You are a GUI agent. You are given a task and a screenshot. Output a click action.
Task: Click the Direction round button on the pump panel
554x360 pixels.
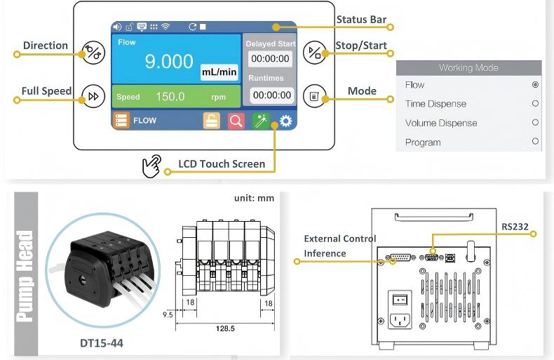point(93,53)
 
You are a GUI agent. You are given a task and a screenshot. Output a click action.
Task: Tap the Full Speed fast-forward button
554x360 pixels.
point(93,96)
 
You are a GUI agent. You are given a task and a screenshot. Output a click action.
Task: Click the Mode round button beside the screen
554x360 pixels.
point(314,96)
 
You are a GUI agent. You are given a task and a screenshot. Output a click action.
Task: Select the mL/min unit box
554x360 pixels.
point(219,72)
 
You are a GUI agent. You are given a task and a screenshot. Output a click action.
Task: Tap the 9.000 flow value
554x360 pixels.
point(169,61)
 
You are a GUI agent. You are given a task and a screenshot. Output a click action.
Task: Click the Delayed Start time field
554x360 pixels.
point(270,59)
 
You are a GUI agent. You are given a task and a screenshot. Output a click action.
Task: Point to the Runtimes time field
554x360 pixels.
point(272,95)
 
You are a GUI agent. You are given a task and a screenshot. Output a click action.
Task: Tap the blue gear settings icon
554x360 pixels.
point(286,121)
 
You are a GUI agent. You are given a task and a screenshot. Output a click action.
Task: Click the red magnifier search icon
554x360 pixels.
point(236,121)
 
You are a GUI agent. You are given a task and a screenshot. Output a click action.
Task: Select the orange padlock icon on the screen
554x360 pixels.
point(212,121)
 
